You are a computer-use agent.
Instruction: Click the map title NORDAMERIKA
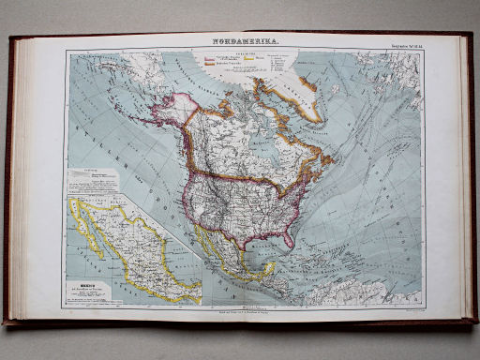tap(242, 43)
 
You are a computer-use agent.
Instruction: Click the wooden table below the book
tap(240, 342)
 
